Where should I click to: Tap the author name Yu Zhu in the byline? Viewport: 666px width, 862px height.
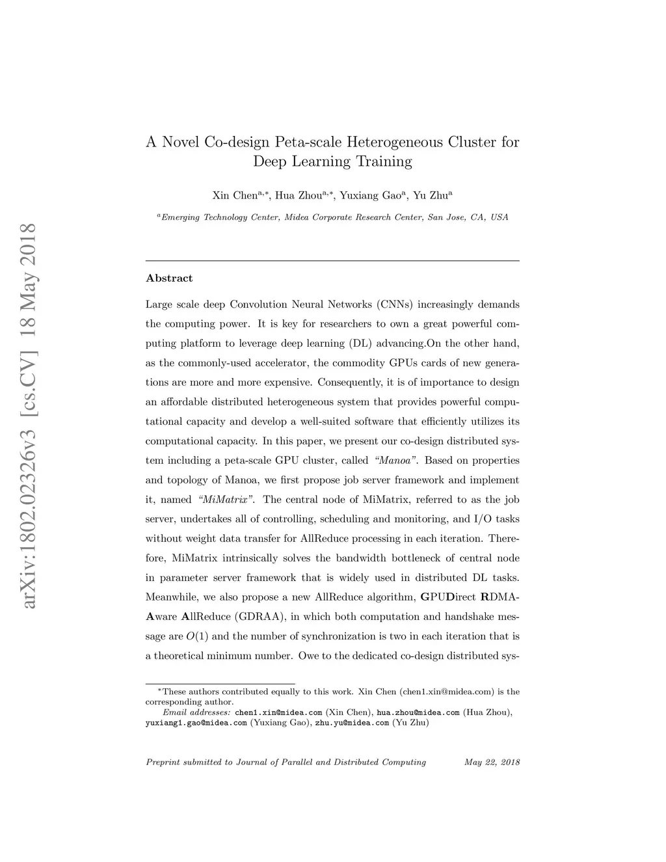point(431,195)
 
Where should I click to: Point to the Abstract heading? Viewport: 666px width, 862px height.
point(169,278)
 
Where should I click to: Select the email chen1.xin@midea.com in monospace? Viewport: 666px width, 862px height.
point(278,712)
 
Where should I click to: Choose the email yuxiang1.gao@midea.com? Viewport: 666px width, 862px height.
point(196,722)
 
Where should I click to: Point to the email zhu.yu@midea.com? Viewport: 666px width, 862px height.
point(351,722)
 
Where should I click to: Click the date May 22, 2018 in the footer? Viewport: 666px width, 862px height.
point(492,762)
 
